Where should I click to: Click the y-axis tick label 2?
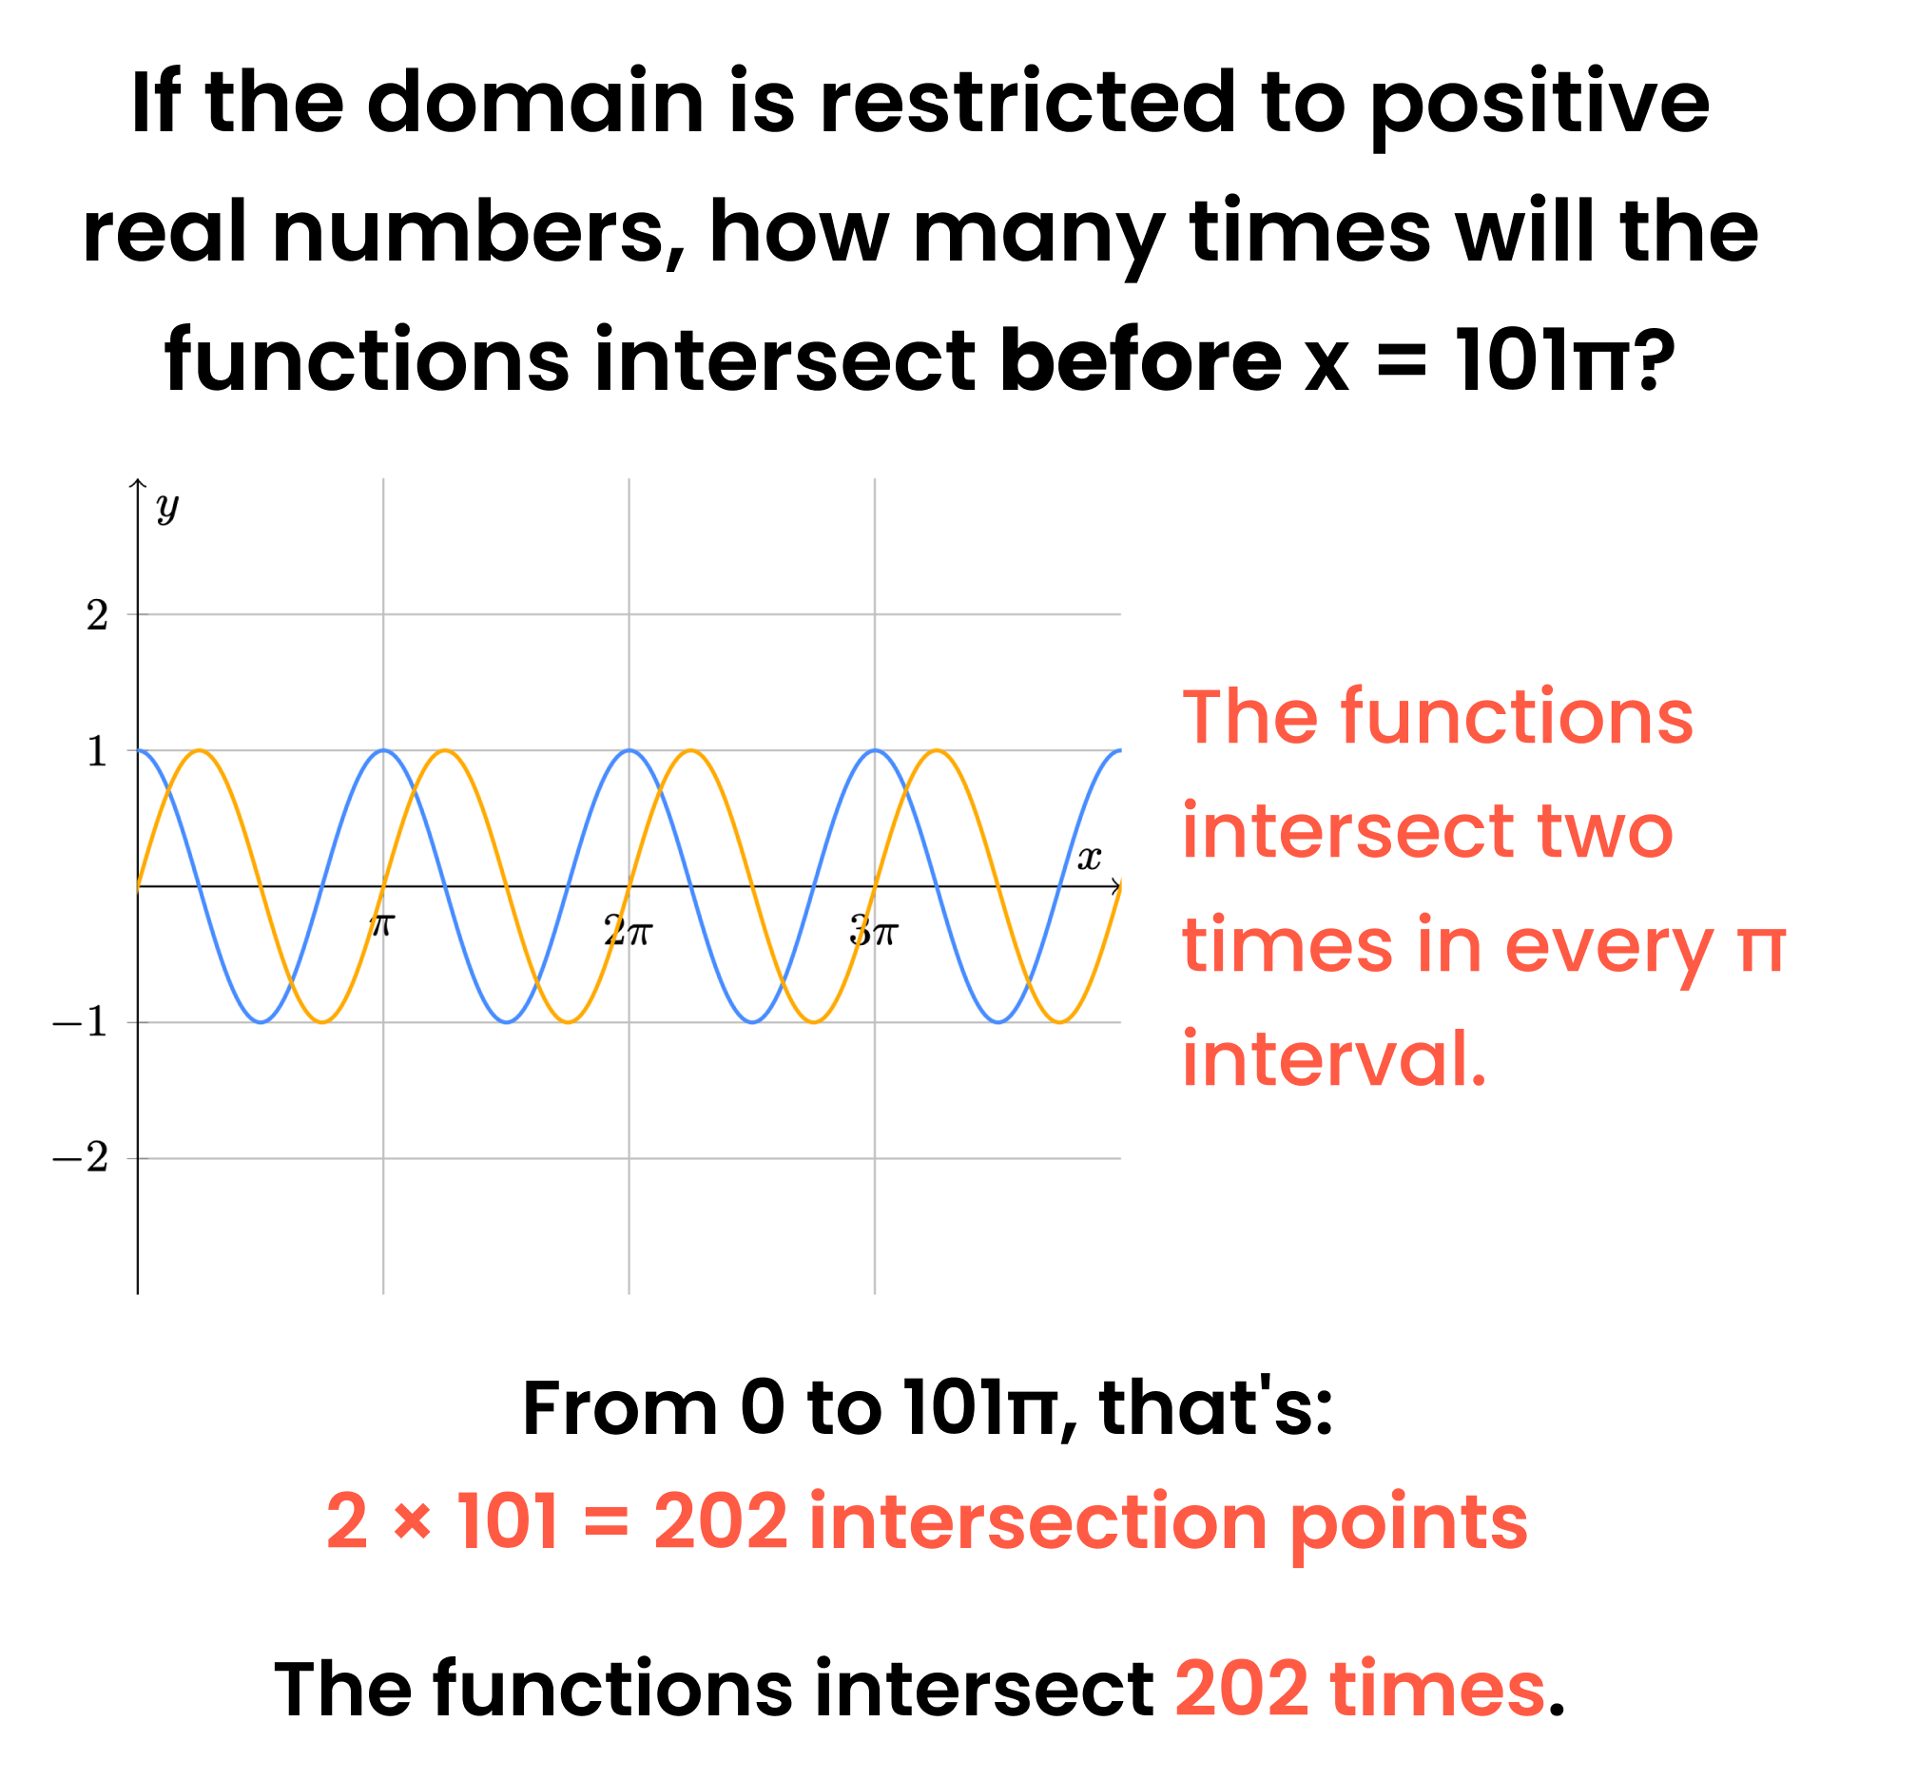97,615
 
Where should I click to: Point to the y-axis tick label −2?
80,1158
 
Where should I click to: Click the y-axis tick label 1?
97,751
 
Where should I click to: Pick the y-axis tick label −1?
80,1023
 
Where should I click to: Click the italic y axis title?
167,508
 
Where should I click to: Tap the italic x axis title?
1089,858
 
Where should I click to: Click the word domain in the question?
535,101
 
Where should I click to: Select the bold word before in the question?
1140,360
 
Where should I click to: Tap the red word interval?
1334,1058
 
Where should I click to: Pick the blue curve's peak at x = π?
383,750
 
